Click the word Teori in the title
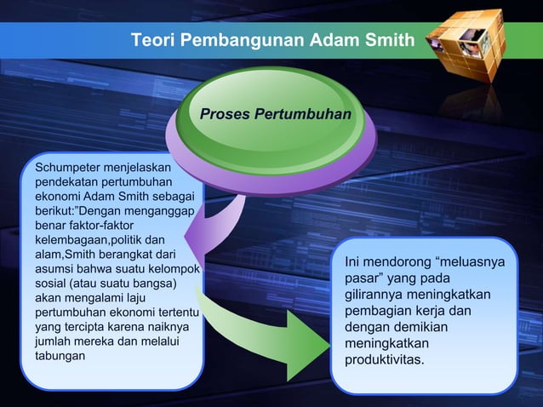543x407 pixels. [151, 40]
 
